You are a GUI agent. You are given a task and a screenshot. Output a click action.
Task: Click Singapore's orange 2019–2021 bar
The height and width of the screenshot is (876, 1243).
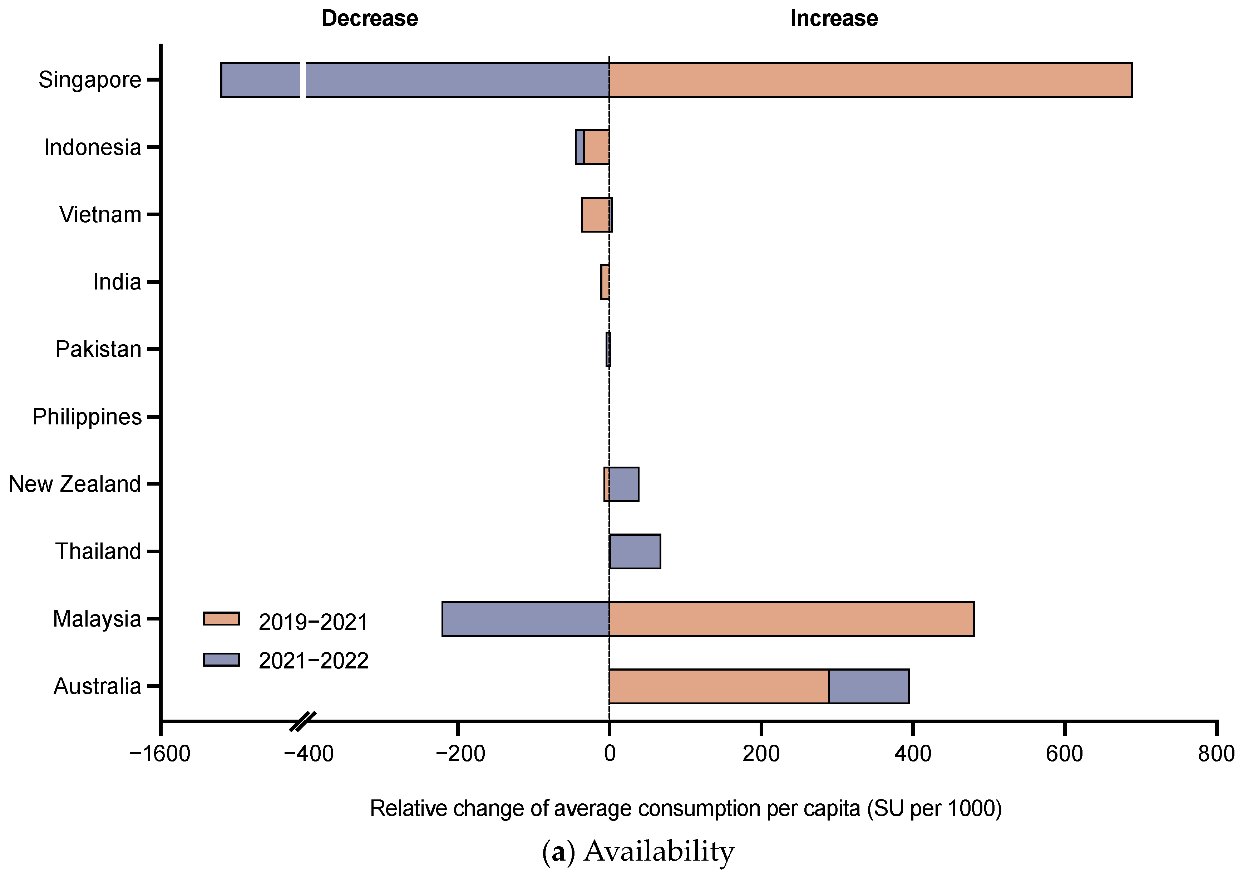(x=870, y=80)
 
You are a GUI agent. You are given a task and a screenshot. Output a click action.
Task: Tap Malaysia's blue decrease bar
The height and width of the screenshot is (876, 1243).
(x=525, y=619)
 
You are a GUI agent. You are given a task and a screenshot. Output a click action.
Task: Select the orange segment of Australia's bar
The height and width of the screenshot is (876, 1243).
(x=719, y=686)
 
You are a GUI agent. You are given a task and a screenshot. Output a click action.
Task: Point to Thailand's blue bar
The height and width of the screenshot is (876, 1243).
(x=635, y=551)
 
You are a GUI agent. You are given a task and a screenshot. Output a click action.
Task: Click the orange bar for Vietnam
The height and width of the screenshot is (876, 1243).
(x=596, y=215)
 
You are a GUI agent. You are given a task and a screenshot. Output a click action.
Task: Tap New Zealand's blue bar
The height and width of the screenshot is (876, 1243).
(x=624, y=484)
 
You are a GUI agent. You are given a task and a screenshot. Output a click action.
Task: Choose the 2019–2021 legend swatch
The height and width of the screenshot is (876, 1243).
(x=221, y=619)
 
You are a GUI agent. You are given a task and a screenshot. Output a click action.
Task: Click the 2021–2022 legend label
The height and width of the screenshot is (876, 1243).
(x=314, y=661)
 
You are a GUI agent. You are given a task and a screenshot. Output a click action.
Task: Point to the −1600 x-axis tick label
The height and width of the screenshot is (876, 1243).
(x=160, y=754)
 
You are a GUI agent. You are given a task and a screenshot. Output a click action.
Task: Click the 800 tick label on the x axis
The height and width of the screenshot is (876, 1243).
(x=1216, y=754)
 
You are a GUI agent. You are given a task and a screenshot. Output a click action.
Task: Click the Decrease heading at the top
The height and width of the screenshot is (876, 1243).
(x=369, y=18)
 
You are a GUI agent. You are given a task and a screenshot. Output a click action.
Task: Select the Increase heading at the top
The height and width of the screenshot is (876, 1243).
(x=834, y=18)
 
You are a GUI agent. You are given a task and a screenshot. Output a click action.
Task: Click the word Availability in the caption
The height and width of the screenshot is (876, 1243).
(x=659, y=851)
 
